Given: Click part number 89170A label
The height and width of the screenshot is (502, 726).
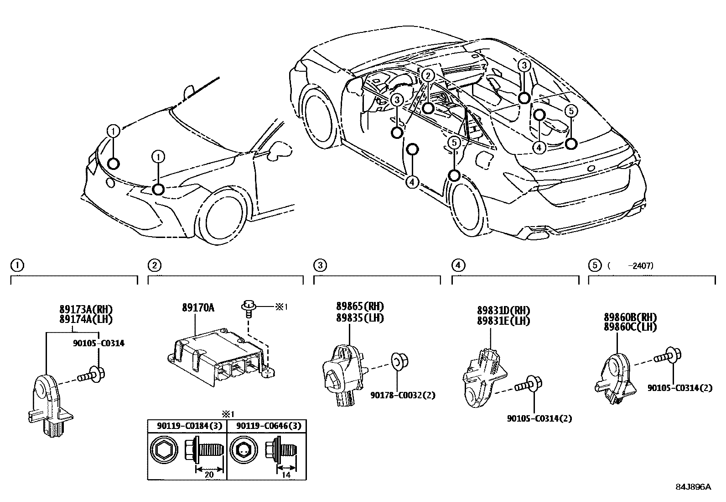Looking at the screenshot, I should click(198, 308).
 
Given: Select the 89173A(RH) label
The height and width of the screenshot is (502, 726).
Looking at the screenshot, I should click(86, 309).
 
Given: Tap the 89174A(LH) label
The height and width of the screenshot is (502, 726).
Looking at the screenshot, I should click(86, 319).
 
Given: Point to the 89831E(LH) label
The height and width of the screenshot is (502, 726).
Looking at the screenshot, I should click(503, 321).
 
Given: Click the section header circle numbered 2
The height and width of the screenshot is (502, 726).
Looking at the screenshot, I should click(155, 265).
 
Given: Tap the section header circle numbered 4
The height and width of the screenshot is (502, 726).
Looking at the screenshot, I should click(458, 265).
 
